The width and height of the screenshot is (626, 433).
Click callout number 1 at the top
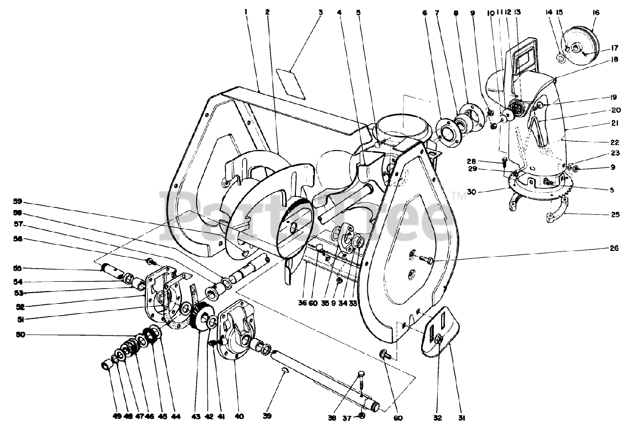pyautogui.click(x=246, y=11)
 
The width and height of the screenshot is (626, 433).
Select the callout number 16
pyautogui.click(x=595, y=11)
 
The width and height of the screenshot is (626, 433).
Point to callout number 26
pyautogui.click(x=601, y=248)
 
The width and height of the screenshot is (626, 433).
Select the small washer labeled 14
pyautogui.click(x=561, y=58)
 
